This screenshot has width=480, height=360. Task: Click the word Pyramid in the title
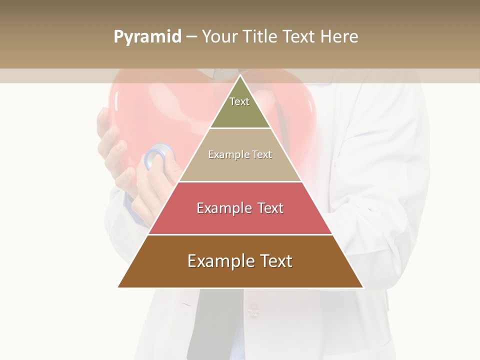point(147,37)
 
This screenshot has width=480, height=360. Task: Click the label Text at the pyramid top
point(239,101)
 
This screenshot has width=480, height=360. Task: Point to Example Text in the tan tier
point(240,154)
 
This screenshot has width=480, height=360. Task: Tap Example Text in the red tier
point(240,208)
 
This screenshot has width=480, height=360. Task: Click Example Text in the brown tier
point(240,261)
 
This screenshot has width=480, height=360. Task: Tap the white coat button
point(253,312)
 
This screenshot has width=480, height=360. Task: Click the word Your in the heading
point(219,36)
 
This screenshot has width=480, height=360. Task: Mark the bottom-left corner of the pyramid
point(118,287)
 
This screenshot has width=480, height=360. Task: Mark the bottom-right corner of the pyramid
point(363,287)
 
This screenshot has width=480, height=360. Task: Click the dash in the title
point(191,37)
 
